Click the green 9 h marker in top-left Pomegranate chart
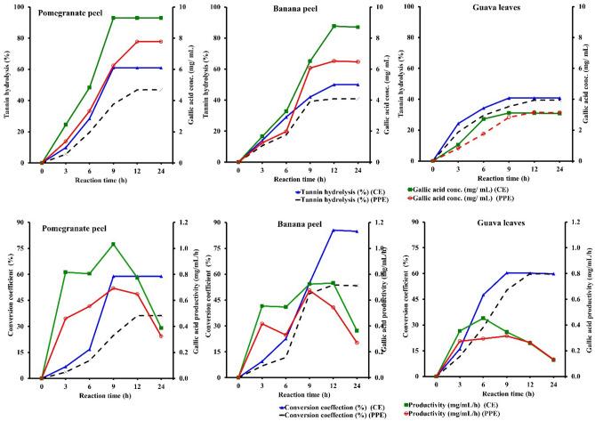click(113, 18)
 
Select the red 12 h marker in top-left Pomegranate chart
click(136, 42)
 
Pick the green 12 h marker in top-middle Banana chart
click(334, 26)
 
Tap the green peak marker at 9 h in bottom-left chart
click(113, 244)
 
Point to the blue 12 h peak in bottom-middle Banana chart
click(334, 231)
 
